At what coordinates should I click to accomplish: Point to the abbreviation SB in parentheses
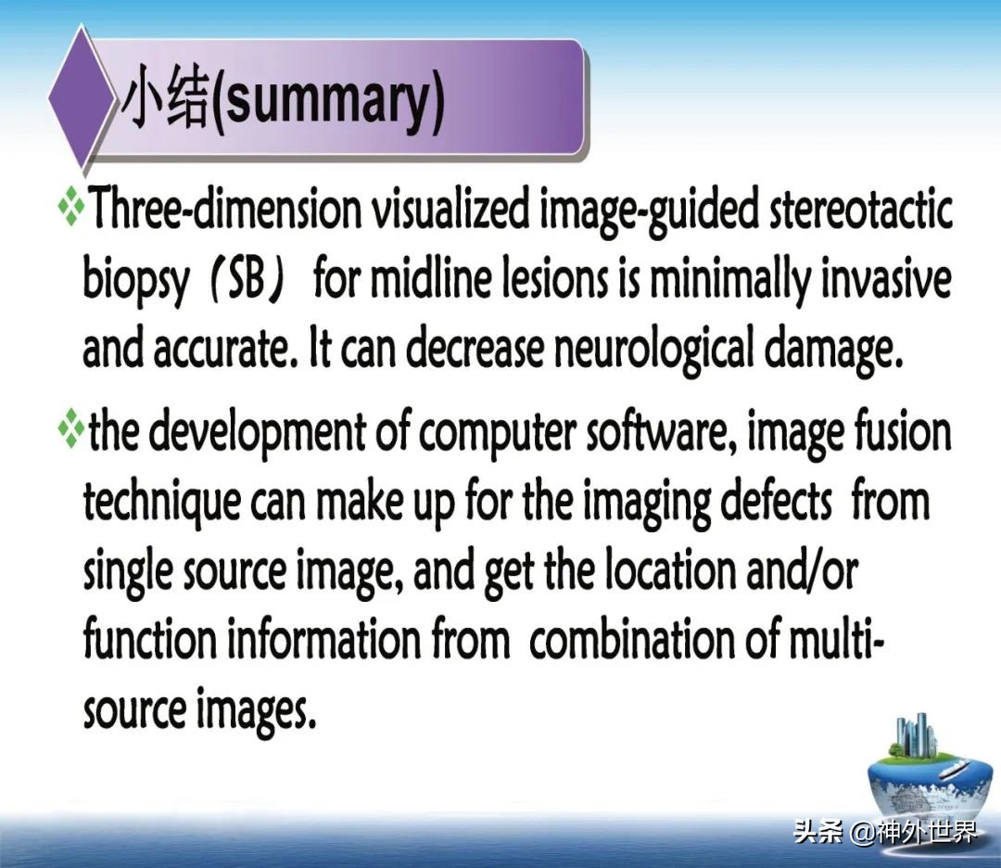point(246,281)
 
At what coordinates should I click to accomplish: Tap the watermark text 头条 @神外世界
point(885,832)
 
